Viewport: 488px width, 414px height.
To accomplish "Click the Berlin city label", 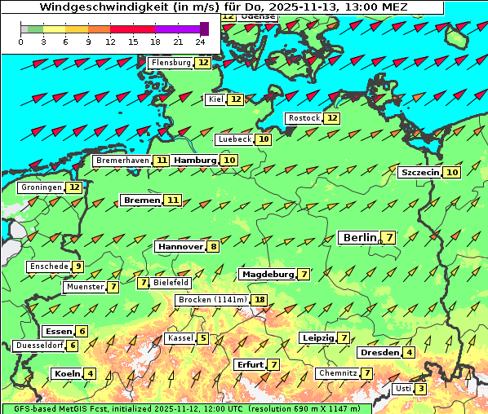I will (x=359, y=237).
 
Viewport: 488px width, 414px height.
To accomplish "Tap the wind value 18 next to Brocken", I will (x=260, y=300).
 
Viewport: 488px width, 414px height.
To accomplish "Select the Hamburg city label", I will (x=195, y=161).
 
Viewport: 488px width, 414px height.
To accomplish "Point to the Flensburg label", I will (x=171, y=63).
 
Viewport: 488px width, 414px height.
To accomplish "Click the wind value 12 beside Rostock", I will (x=331, y=118).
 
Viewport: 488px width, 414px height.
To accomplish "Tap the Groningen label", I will (x=42, y=187).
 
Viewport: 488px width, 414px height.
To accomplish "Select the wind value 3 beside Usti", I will (x=420, y=389).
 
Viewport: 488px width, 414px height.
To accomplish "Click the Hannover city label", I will (x=180, y=246).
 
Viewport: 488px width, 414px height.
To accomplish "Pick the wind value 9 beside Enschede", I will (x=78, y=266).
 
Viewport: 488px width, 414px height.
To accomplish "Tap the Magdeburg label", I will (x=267, y=275).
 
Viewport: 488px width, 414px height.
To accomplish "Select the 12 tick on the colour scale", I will (x=110, y=42).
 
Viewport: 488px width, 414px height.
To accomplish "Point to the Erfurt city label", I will (x=250, y=364).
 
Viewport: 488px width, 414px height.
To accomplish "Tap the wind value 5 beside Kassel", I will (x=203, y=338).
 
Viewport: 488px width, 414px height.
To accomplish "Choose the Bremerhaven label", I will (x=122, y=161).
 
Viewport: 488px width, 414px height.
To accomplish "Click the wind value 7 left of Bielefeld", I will (x=144, y=283).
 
